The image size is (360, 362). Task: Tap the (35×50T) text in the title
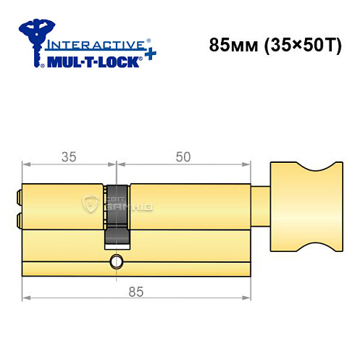[293, 44]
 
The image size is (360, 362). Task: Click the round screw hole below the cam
[115, 260]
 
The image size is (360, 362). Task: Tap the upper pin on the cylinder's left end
[18, 195]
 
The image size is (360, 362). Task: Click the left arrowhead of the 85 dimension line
[25, 298]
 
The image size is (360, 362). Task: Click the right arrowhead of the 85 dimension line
[251, 298]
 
